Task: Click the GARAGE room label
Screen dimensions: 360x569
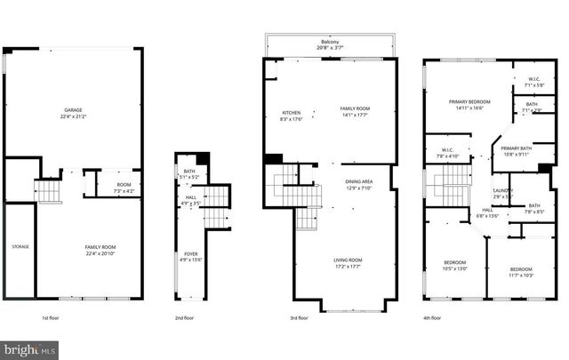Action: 74,110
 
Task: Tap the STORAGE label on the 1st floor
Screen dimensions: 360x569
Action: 20,246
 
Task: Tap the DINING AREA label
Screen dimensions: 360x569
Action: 359,182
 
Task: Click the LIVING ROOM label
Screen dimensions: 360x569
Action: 348,260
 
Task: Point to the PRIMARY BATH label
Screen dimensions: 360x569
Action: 516,148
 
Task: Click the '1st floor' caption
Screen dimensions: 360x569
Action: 49,317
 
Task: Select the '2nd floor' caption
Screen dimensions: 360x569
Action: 184,317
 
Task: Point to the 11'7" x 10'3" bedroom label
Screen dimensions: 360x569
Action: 521,273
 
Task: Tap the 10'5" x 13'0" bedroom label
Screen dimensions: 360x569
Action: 455,267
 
